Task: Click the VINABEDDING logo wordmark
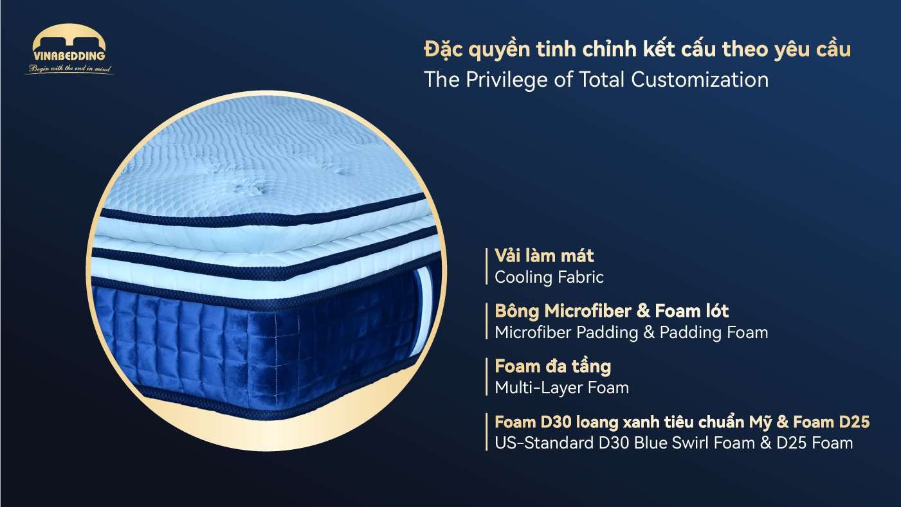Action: point(69,57)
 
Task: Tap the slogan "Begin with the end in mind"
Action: point(69,69)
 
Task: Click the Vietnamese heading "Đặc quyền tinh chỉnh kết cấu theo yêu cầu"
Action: point(637,49)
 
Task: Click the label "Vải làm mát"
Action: point(544,256)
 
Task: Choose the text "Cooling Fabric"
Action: point(549,278)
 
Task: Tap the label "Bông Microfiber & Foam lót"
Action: point(612,311)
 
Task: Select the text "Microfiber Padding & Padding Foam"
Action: point(631,333)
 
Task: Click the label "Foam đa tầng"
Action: point(552,366)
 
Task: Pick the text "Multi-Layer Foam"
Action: point(561,388)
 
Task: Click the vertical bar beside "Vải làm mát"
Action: point(486,266)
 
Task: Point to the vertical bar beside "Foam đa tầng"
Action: point(486,377)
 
